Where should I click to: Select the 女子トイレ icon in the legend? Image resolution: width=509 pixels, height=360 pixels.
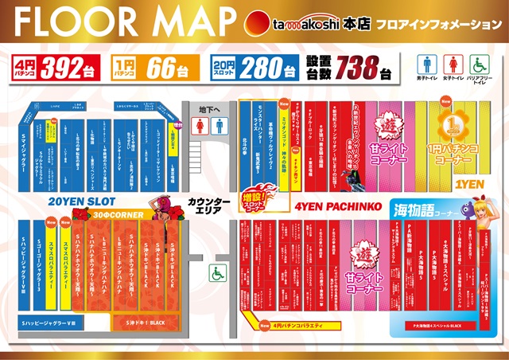click(454, 65)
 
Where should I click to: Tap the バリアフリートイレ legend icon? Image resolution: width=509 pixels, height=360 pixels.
click(480, 65)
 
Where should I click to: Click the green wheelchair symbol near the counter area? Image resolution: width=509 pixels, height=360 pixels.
click(215, 273)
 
